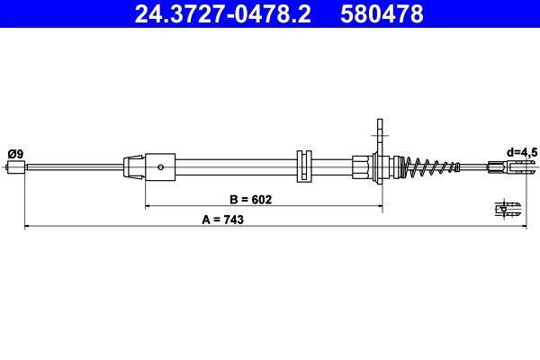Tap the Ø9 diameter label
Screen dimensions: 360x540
[x=15, y=154]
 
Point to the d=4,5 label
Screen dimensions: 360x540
[x=521, y=153]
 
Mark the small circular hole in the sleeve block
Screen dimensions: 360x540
[x=160, y=166]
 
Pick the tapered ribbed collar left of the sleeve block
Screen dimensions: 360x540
[x=133, y=166]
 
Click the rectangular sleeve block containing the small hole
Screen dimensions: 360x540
[x=160, y=166]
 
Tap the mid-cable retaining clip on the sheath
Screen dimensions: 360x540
[x=303, y=166]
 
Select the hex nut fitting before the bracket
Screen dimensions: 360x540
[x=362, y=166]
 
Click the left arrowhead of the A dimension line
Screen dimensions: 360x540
[x=27, y=227]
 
